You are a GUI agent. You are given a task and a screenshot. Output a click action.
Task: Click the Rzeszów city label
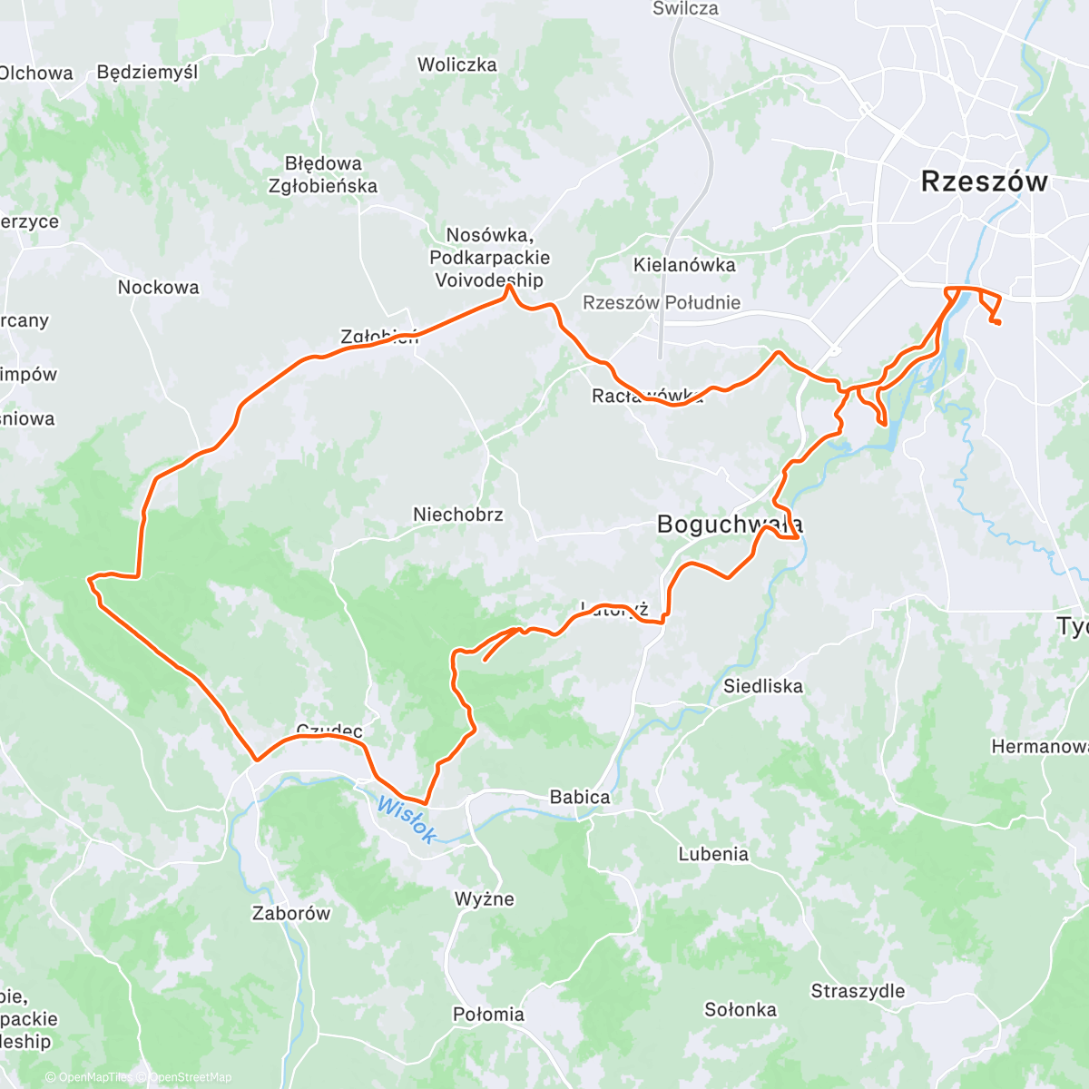[x=984, y=181]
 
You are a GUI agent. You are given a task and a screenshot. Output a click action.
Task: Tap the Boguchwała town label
[x=729, y=525]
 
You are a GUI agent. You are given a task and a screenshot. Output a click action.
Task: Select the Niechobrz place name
[x=458, y=515]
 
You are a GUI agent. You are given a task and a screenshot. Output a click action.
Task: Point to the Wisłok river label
[x=405, y=819]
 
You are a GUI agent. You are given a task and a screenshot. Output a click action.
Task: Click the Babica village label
[x=580, y=797]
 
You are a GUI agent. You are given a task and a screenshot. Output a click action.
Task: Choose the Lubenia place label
[x=713, y=854]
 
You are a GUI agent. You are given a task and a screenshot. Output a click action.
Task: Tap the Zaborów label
[x=291, y=913]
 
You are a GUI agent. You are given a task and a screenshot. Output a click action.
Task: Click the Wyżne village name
[x=485, y=899]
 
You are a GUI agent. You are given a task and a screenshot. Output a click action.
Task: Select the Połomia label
[x=488, y=1014]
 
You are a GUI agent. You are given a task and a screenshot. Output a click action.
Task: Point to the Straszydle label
[x=858, y=991]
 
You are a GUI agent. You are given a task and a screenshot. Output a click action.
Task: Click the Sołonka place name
[x=741, y=1009]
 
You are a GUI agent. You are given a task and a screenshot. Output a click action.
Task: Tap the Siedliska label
[x=763, y=686]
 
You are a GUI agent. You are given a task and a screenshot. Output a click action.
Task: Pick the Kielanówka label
[x=684, y=265]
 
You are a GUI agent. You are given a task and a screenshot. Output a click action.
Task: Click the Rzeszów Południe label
[x=662, y=302]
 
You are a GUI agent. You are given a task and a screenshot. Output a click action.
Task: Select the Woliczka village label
[x=457, y=64]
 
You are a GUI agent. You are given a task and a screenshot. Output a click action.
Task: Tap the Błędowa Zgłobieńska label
[x=323, y=175]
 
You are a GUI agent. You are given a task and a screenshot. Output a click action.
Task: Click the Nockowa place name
[x=158, y=287]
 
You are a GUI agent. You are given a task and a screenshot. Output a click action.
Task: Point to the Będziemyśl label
[x=147, y=72]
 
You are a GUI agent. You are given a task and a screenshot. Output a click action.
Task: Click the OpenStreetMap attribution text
[x=191, y=1077]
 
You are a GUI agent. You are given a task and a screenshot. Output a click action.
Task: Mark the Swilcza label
[x=685, y=9]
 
